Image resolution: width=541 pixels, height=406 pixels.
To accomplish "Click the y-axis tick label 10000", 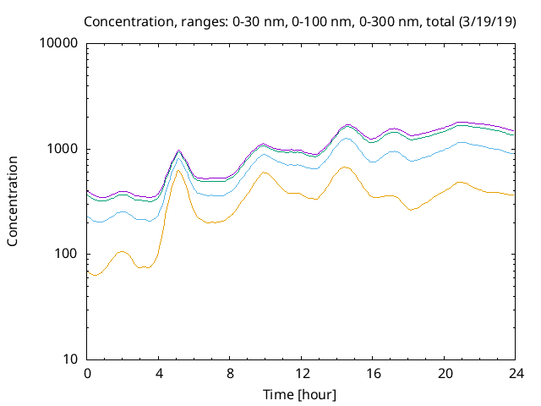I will coord(58,44).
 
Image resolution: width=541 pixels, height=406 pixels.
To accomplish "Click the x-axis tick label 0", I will coord(87,373).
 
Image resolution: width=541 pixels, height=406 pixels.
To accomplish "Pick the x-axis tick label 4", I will coord(159,373).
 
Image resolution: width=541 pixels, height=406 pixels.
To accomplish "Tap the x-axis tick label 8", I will coord(230,373).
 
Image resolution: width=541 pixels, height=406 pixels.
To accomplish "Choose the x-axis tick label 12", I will coord(302,373).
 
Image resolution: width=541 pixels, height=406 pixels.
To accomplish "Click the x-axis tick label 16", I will coord(373,373).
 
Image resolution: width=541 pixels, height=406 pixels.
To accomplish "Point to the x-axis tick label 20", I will coord(445,373).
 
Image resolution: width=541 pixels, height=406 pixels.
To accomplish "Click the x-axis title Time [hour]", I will coord(301,393).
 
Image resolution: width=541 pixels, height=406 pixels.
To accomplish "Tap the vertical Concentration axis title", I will coord(13,200).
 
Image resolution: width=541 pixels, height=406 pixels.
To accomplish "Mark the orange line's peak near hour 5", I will coord(178,171).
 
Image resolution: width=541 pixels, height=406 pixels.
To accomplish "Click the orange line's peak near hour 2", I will coord(123,252).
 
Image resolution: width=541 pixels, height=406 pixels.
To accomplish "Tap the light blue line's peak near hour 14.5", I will coord(347,138).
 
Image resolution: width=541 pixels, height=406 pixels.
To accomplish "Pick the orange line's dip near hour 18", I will coord(412,209).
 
